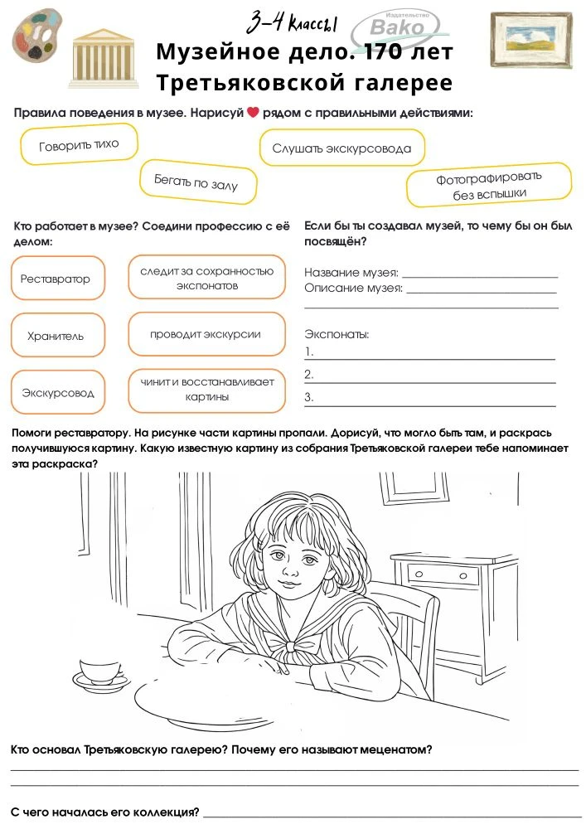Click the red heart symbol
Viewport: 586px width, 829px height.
click(x=254, y=113)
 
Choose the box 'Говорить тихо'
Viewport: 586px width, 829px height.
click(x=79, y=145)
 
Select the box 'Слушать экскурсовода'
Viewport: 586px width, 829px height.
click(x=341, y=149)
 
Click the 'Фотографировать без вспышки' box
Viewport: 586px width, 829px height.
click(x=489, y=186)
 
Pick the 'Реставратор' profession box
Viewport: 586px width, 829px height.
click(x=56, y=279)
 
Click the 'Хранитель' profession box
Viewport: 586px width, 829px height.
click(x=56, y=337)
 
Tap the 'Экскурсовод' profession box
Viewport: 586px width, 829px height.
click(x=58, y=393)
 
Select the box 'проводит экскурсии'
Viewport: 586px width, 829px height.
click(x=206, y=335)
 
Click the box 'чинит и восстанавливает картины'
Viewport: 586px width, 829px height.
click(x=207, y=390)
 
